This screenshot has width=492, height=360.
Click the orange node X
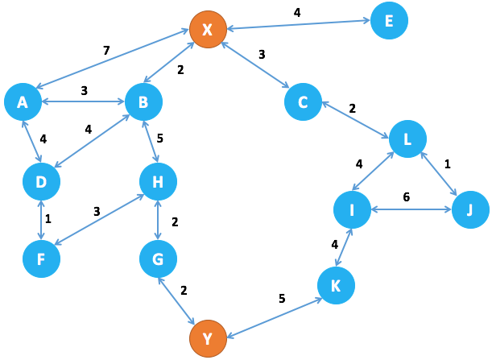[208, 30]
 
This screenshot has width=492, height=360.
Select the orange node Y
[207, 339]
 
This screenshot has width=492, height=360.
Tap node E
[389, 21]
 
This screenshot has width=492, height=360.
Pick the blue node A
[23, 101]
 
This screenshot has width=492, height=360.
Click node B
[143, 101]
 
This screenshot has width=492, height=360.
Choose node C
[303, 101]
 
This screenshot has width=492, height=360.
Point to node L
[407, 139]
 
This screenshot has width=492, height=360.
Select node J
[470, 210]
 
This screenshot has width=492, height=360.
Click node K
[337, 285]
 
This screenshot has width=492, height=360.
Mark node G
[158, 259]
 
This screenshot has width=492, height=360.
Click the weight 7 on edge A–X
[106, 52]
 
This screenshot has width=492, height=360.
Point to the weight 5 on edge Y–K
[282, 299]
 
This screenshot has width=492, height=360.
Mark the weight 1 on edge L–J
[448, 163]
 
